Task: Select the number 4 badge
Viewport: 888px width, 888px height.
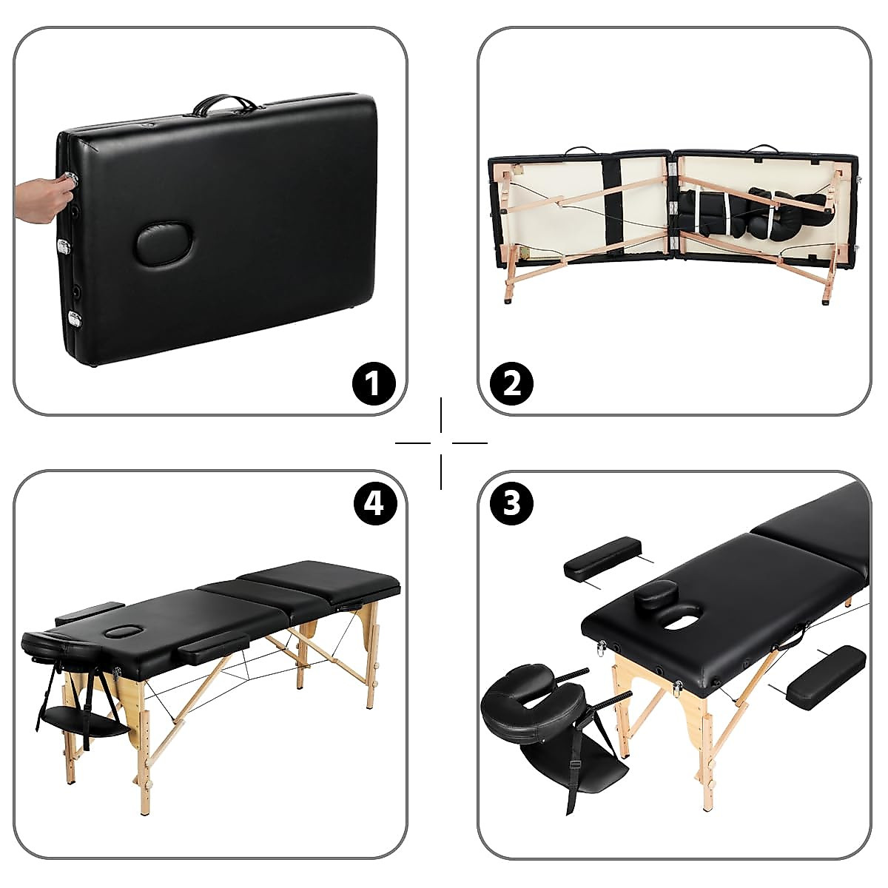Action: (x=374, y=504)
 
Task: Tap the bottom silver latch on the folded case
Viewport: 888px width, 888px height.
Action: (x=75, y=319)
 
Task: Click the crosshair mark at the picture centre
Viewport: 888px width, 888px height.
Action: (x=442, y=443)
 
